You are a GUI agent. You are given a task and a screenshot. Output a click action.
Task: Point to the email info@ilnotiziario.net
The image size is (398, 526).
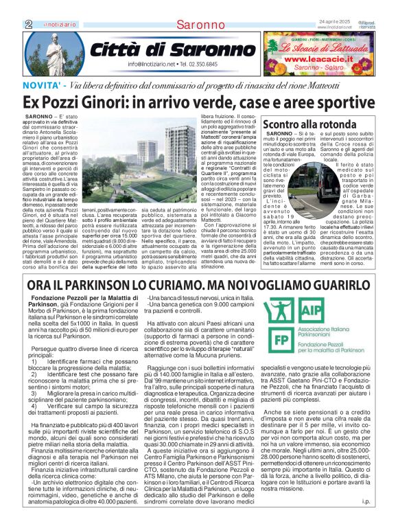click(x=152, y=64)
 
